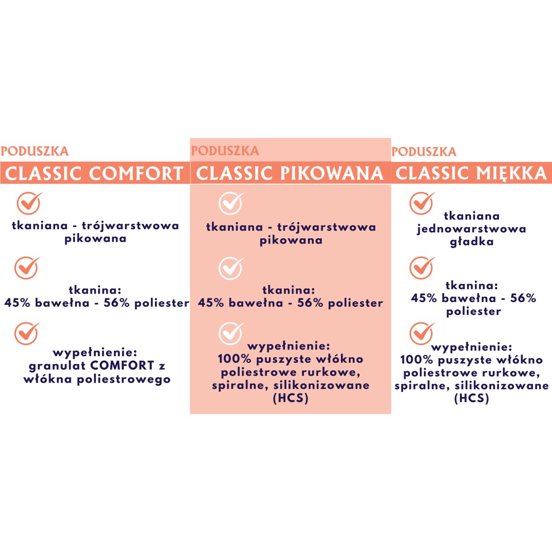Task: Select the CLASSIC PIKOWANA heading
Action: coord(290,173)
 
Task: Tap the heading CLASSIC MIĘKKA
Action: coord(471,173)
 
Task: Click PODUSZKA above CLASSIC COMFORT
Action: coord(34,151)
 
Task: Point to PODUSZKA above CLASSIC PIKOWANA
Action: coord(225,151)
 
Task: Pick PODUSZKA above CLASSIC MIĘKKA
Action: coord(424,151)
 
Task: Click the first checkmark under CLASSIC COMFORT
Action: coord(29,203)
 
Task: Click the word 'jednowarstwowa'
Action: coord(471,229)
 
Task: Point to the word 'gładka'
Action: coord(471,241)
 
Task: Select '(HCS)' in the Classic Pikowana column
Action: coord(290,398)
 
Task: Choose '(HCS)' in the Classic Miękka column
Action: coord(471,398)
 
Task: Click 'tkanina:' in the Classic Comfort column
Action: coord(95,290)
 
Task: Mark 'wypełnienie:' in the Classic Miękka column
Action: coord(471,346)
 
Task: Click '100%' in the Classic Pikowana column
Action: coord(234,359)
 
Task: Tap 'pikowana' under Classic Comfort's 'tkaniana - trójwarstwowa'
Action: coord(95,238)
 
